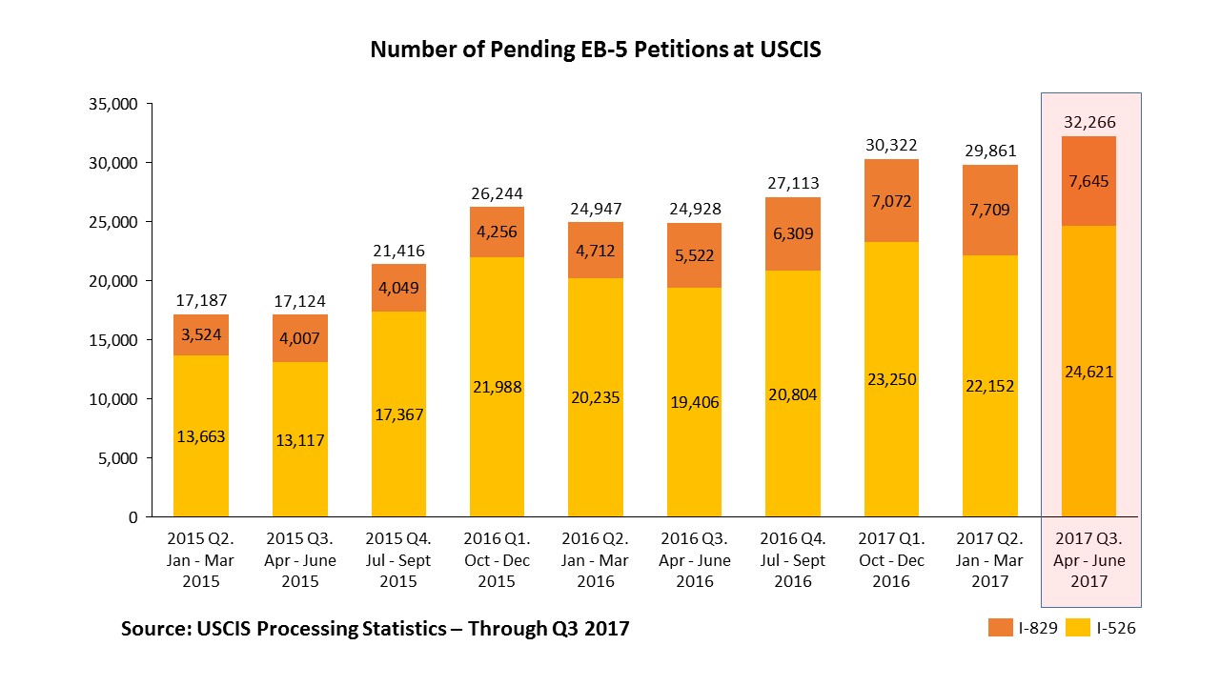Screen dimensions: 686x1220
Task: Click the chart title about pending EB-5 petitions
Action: [596, 50]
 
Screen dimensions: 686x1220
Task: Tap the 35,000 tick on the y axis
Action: [112, 104]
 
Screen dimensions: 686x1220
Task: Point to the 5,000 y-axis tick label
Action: [116, 458]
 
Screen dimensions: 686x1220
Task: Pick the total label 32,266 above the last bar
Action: [1089, 122]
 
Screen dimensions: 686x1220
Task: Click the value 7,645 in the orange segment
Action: [1089, 181]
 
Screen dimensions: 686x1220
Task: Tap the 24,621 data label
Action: [1089, 372]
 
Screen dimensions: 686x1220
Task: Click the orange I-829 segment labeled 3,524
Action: [200, 334]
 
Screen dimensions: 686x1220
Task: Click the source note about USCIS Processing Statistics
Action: [375, 629]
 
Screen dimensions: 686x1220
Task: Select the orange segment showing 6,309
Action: [793, 233]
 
